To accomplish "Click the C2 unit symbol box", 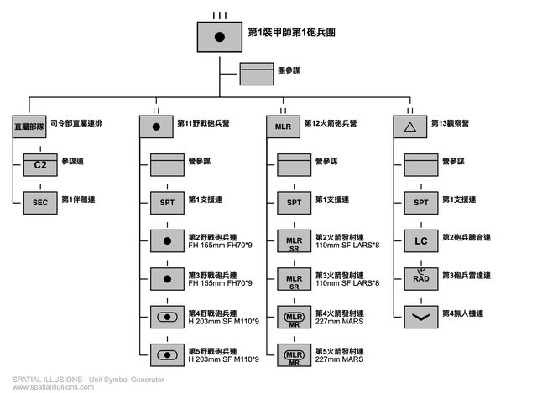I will tap(39, 165).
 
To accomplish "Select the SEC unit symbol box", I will tap(39, 202).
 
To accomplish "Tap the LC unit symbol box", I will tap(421, 241).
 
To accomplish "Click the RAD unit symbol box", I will tap(421, 278).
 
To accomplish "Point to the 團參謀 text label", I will tap(291, 72).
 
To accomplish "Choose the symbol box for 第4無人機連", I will tap(421, 317).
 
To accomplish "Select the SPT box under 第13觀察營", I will tap(421, 203).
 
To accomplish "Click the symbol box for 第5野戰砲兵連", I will tap(167, 354).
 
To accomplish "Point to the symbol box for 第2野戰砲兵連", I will tap(167, 241).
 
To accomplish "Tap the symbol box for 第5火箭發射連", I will tap(294, 354).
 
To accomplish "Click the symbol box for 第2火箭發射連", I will tap(294, 241).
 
